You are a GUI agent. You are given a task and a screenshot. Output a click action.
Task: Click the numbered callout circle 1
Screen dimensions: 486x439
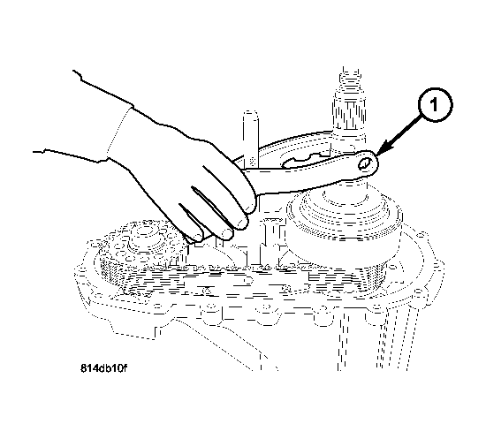click(435, 105)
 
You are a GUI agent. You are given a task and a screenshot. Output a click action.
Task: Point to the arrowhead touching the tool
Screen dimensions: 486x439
click(383, 148)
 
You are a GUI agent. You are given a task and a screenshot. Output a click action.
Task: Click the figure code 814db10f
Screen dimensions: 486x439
click(103, 368)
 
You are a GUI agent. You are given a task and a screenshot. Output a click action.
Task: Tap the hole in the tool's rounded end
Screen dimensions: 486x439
click(365, 163)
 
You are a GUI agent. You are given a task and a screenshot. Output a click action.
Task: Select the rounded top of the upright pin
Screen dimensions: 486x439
click(251, 114)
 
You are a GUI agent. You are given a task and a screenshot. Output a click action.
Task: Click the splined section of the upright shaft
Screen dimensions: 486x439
click(348, 115)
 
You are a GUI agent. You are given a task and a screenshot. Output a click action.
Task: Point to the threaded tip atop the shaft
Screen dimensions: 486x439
click(351, 79)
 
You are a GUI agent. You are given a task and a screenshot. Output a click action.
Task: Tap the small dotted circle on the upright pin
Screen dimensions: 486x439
click(253, 161)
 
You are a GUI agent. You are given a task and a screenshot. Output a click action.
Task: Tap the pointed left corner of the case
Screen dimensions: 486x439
click(76, 273)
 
